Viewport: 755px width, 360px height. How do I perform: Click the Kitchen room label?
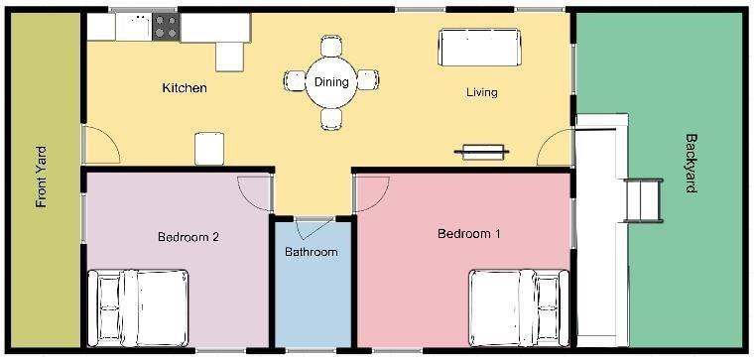[x=185, y=88]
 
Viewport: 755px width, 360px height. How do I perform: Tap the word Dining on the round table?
[x=331, y=82]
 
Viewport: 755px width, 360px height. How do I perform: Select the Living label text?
[x=481, y=92]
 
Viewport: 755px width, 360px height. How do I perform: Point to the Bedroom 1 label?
[x=468, y=234]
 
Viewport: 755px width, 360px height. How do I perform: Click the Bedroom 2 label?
[x=189, y=237]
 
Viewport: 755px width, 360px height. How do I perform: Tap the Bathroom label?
[x=312, y=252]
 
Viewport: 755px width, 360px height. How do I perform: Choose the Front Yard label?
[x=42, y=177]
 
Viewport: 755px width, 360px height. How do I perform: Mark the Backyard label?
[x=691, y=164]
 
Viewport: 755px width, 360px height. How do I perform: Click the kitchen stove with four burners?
[x=166, y=27]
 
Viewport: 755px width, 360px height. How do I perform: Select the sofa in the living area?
[x=479, y=48]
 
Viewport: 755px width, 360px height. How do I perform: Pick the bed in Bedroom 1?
[x=519, y=308]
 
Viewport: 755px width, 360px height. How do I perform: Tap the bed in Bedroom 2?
[x=138, y=308]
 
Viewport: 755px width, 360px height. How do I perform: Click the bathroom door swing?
[x=314, y=229]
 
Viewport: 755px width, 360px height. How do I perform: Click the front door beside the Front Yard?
[x=101, y=145]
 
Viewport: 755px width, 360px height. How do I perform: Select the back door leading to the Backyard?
[x=555, y=148]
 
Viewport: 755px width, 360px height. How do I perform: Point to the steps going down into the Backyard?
[x=643, y=200]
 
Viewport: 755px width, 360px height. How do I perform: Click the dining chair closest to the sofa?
[x=368, y=80]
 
